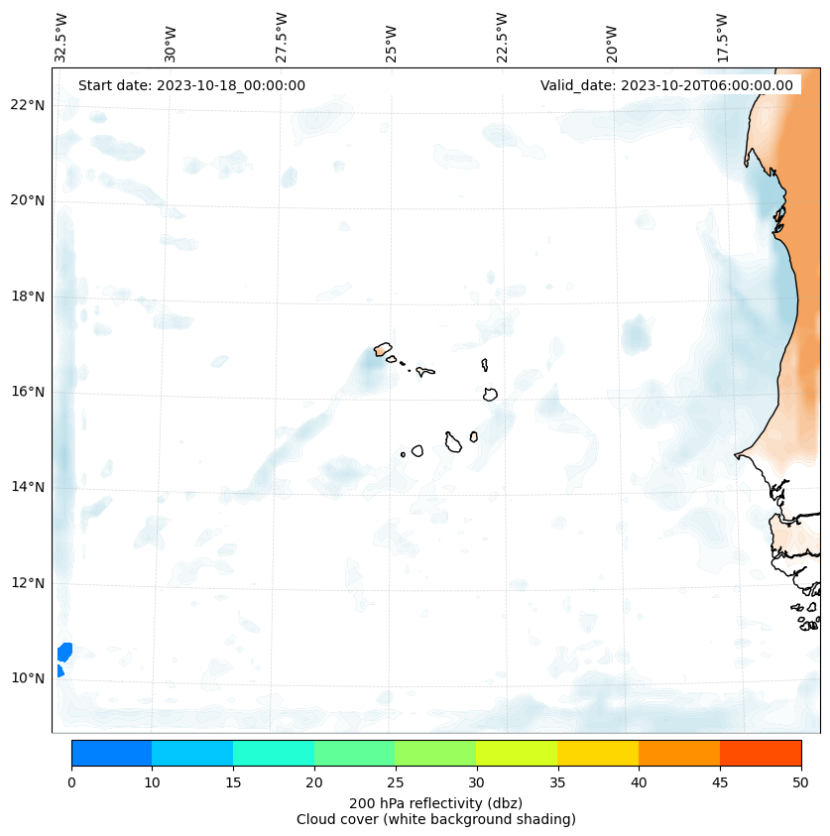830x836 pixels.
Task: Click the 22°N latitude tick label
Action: coord(28,105)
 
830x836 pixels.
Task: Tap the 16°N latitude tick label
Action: coord(28,392)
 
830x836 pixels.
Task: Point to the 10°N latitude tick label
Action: coord(28,678)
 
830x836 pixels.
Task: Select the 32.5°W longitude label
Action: coord(61,38)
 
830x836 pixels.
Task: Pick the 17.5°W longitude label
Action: coord(723,38)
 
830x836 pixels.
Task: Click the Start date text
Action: coord(191,85)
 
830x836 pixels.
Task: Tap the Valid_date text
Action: coord(666,85)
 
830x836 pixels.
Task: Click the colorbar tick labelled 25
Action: coord(395,782)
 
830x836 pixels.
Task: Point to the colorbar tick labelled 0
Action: coord(71,782)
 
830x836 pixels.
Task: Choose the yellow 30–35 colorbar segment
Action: coord(517,753)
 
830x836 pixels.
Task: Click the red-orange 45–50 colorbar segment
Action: coord(761,753)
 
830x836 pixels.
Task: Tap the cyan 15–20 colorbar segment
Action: coord(274,753)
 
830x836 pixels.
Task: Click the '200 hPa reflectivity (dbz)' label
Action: coord(435,802)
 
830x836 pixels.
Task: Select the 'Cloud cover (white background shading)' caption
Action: coord(435,819)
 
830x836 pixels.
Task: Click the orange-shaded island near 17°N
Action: coord(383,349)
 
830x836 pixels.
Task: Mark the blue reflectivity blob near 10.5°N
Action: coord(64,652)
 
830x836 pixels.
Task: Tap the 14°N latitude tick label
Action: coord(28,487)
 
